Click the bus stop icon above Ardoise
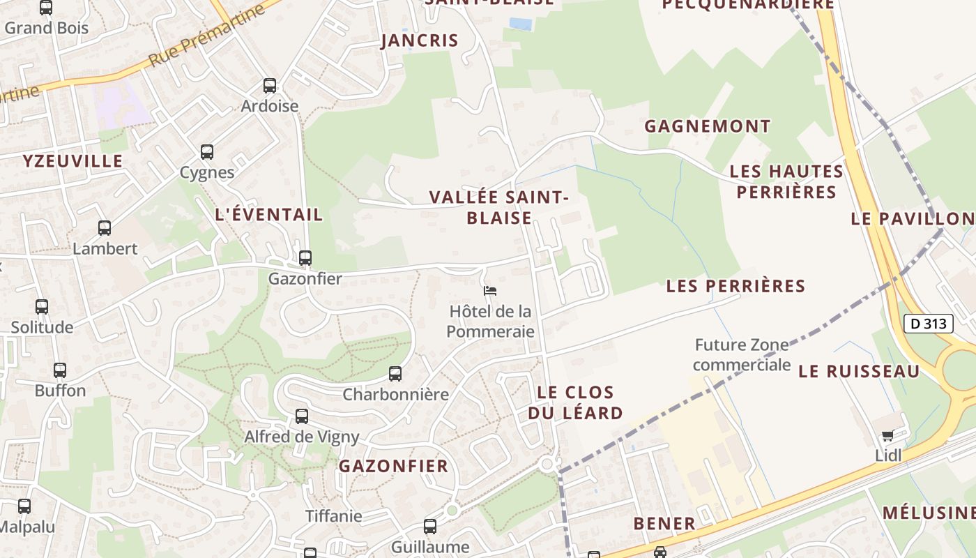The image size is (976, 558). tap(270, 86)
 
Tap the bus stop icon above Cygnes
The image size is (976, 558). tap(207, 152)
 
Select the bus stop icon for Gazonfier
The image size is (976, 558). tap(305, 258)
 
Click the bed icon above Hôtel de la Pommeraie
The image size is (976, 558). tap(490, 290)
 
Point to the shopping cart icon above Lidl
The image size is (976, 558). tap(887, 436)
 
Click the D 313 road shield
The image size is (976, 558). tap(929, 324)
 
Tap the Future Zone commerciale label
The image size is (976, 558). tap(742, 354)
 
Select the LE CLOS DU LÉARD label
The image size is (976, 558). tap(575, 402)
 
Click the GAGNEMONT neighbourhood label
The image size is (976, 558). tap(708, 126)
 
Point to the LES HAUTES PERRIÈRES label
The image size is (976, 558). tap(786, 181)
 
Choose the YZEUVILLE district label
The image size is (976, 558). tap(73, 161)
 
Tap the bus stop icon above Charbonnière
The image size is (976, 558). tap(395, 374)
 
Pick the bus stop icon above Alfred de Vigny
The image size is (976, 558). tap(302, 416)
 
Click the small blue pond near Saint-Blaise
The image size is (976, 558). tap(520, 24)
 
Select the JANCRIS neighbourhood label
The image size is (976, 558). tap(420, 40)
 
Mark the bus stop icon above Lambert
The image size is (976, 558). tap(105, 228)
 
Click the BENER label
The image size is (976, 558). tap(664, 523)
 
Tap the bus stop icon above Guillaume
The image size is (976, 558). tap(430, 527)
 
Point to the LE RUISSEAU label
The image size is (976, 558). tap(859, 371)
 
